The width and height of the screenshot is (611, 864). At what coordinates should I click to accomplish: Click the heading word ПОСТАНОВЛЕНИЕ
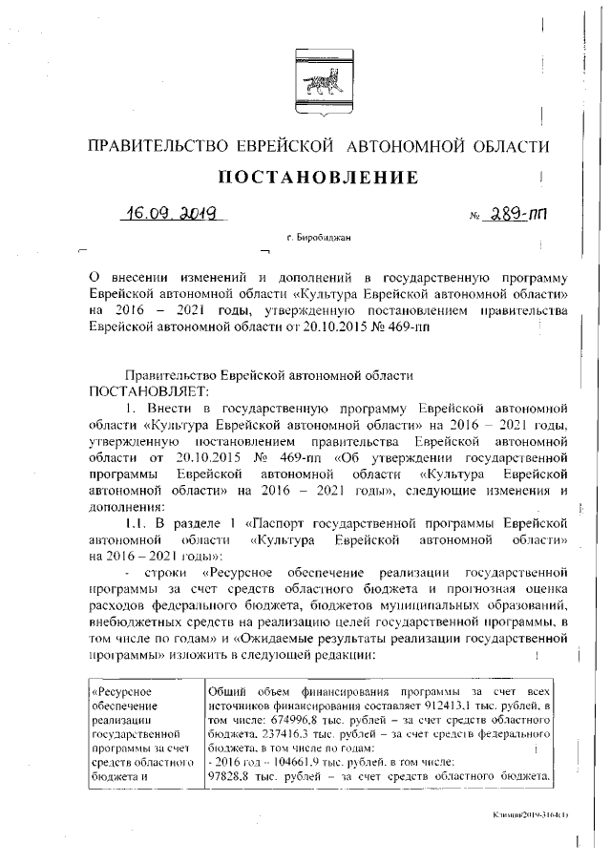click(319, 178)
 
